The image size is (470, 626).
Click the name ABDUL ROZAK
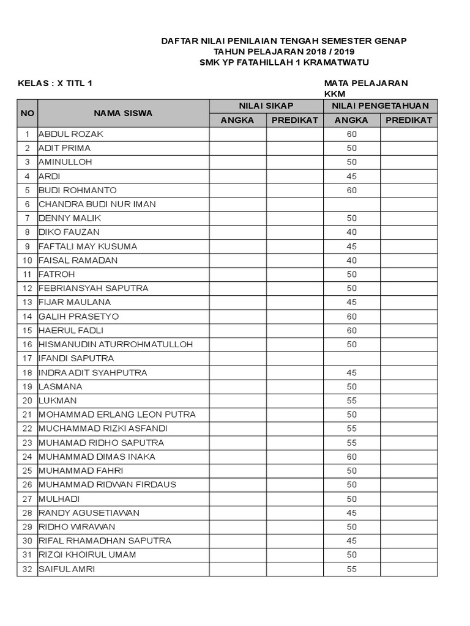(x=72, y=134)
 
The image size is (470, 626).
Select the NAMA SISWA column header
(x=123, y=113)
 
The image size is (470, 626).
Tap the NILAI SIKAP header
(x=266, y=106)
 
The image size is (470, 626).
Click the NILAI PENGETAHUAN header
(x=380, y=106)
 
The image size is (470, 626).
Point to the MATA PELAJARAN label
(x=366, y=83)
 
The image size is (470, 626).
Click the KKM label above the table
(x=335, y=94)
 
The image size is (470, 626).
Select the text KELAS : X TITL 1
(x=56, y=83)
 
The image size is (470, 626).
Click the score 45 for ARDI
(x=351, y=176)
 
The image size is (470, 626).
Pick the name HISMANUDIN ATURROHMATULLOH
(x=116, y=344)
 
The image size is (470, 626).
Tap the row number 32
(x=27, y=569)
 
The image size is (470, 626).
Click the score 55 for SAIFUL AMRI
(x=351, y=569)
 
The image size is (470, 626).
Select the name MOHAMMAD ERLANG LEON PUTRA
(x=117, y=414)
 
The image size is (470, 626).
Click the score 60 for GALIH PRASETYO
(x=351, y=316)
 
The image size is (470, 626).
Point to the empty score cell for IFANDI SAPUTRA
(x=351, y=358)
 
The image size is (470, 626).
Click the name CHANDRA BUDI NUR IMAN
(x=97, y=204)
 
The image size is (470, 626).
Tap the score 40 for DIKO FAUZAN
(x=351, y=232)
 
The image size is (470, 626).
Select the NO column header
(x=28, y=113)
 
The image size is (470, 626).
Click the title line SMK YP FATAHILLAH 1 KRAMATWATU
(x=285, y=62)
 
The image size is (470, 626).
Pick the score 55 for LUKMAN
(x=351, y=400)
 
